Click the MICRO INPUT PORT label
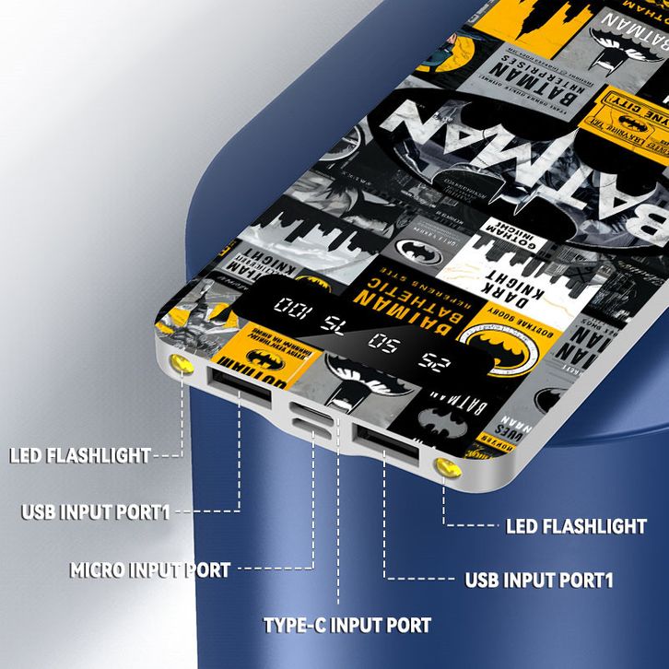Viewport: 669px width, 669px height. (x=150, y=570)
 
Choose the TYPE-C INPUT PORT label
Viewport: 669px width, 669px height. (x=346, y=626)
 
